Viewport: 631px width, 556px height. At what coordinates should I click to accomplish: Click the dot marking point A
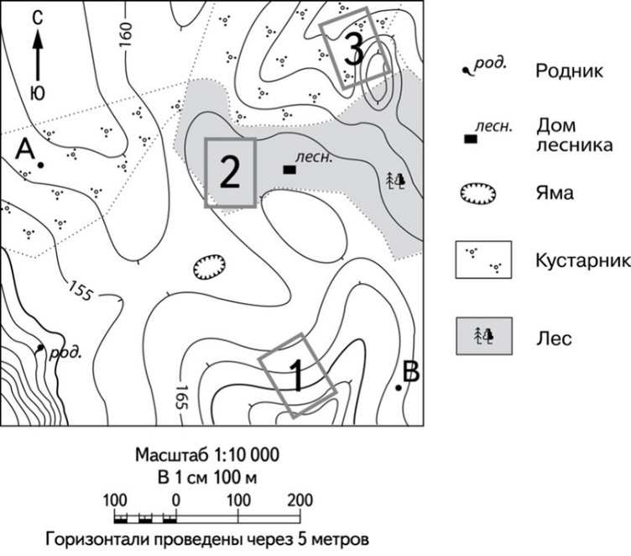pyautogui.click(x=40, y=165)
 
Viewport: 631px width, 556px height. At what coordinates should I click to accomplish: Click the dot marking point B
pyautogui.click(x=399, y=387)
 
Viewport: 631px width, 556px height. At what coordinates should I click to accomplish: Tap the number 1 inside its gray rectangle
pyautogui.click(x=297, y=376)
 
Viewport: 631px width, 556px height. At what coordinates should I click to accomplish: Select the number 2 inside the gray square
pyautogui.click(x=230, y=172)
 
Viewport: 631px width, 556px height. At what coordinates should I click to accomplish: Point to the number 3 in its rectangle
pyautogui.click(x=354, y=50)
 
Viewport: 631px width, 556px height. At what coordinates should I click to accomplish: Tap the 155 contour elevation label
pyautogui.click(x=79, y=291)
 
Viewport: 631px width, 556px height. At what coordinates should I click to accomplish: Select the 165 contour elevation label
pyautogui.click(x=182, y=397)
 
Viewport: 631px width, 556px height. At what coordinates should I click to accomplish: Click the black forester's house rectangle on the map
pyautogui.click(x=289, y=170)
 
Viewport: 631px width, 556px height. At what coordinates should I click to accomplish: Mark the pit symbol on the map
pyautogui.click(x=210, y=266)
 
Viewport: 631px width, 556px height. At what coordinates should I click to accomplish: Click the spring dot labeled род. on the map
pyautogui.click(x=39, y=348)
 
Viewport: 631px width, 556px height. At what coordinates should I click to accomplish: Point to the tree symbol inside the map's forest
pyautogui.click(x=395, y=181)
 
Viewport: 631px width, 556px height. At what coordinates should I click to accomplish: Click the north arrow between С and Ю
pyautogui.click(x=39, y=55)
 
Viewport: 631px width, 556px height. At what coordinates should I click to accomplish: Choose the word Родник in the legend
pyautogui.click(x=569, y=71)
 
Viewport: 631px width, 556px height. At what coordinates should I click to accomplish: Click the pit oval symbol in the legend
pyautogui.click(x=478, y=194)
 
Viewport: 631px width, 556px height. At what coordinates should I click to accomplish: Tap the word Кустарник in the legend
pyautogui.click(x=582, y=260)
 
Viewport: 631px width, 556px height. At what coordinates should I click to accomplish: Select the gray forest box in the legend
pyautogui.click(x=484, y=336)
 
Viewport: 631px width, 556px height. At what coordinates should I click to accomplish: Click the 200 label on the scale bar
pyautogui.click(x=300, y=501)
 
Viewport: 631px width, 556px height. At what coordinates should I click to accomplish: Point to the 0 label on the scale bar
pyautogui.click(x=176, y=501)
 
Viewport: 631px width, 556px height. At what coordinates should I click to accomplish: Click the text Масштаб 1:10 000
pyautogui.click(x=207, y=455)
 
